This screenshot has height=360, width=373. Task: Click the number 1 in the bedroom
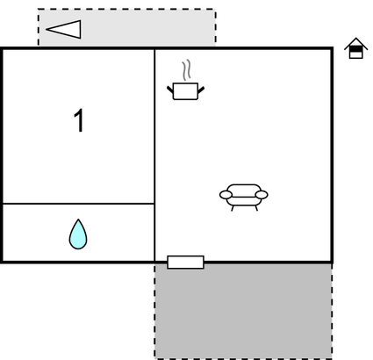click(x=79, y=120)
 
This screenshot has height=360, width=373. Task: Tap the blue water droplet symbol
click(x=78, y=234)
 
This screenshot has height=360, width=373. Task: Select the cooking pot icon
click(x=185, y=90)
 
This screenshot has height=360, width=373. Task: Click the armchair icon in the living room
click(x=244, y=198)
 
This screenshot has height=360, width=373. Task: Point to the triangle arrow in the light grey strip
click(x=63, y=29)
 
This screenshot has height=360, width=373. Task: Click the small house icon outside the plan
click(x=356, y=48)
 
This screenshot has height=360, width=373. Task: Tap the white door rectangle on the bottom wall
click(x=185, y=262)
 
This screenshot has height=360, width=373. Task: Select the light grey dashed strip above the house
click(x=127, y=27)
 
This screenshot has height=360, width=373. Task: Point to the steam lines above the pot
click(x=187, y=70)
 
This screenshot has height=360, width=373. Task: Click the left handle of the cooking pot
click(x=170, y=90)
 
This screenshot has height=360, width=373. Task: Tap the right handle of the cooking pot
click(x=201, y=90)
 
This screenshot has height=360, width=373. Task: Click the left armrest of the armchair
click(x=226, y=195)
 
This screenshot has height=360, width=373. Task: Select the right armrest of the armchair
click(x=262, y=195)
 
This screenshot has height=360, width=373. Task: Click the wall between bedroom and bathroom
click(x=78, y=203)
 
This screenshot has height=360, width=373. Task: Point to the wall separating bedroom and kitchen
click(x=154, y=126)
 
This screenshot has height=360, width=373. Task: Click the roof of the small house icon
click(x=356, y=43)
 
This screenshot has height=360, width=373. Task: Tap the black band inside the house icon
click(x=356, y=49)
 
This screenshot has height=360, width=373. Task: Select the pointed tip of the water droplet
click(x=78, y=220)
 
